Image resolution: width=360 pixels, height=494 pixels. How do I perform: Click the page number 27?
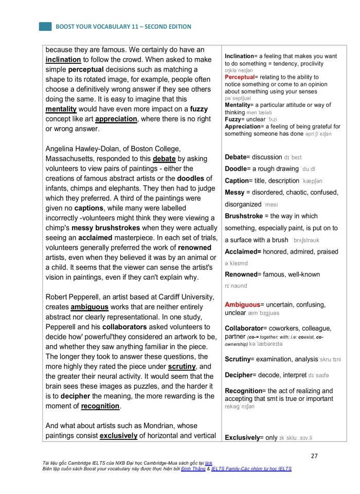tap(315, 455)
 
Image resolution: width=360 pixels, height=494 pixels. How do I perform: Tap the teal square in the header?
tap(45, 26)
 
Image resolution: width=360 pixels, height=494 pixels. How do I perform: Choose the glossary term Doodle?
tap(236, 168)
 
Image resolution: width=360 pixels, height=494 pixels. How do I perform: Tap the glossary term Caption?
tap(237, 181)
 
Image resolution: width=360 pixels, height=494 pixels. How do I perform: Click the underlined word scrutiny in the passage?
tap(182, 366)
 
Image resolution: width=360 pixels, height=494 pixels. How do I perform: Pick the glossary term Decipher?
tap(239, 375)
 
